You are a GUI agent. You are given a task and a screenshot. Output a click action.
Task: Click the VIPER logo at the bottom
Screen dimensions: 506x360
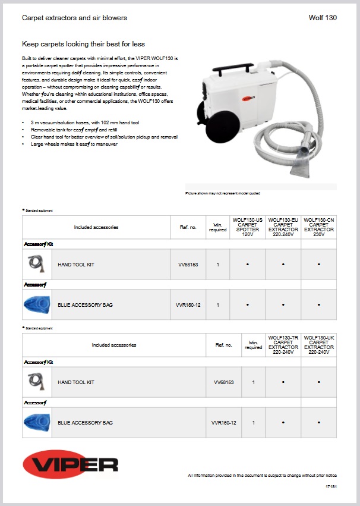pos(71,464)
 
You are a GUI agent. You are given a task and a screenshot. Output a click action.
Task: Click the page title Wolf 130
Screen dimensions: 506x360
pos(323,18)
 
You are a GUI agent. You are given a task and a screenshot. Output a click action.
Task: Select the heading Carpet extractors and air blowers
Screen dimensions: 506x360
pos(74,18)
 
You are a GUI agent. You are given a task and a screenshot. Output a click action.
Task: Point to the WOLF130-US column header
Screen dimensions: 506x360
pos(247,227)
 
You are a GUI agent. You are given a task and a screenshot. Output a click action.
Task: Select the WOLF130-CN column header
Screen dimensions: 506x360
pos(319,227)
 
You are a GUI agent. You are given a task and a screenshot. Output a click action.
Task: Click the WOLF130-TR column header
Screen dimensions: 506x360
pos(283,345)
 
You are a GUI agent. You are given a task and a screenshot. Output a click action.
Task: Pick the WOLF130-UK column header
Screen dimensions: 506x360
pos(319,345)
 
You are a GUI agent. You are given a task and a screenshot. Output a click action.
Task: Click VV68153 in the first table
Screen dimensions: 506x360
pos(188,265)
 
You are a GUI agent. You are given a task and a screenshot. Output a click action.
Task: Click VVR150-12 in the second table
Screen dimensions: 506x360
pos(223,423)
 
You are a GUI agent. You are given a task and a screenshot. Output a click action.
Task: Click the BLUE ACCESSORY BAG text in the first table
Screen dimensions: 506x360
pos(85,305)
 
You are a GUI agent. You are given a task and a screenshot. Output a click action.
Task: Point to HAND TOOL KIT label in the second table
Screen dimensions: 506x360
pos(76,382)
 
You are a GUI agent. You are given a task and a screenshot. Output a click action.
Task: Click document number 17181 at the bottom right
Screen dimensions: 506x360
pos(331,487)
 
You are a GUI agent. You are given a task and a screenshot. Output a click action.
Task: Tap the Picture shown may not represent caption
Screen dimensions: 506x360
pos(223,193)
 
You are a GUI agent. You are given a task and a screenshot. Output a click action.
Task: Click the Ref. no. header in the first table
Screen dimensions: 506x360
pos(188,227)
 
